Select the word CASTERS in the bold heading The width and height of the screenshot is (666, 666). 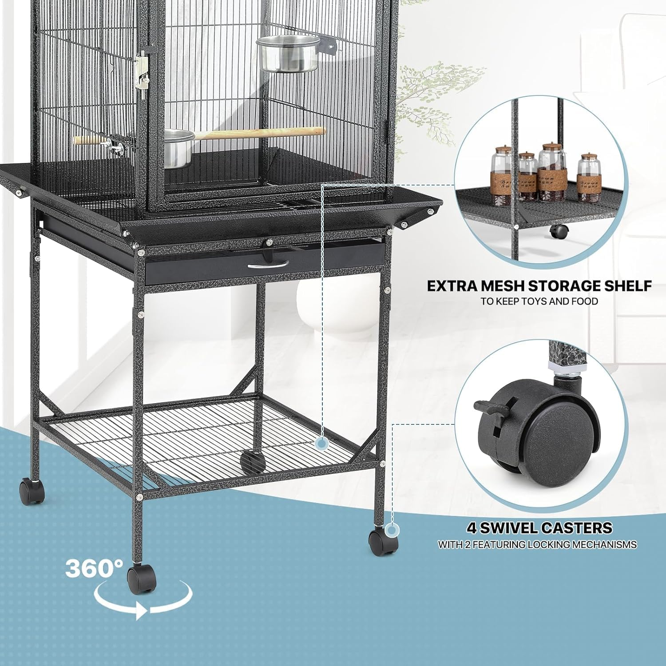pyautogui.click(x=577, y=528)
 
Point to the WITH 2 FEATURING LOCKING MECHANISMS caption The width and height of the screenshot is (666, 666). pyautogui.click(x=537, y=544)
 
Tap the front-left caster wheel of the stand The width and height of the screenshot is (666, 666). pyautogui.click(x=141, y=579)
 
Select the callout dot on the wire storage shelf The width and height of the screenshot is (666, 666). pyautogui.click(x=321, y=443)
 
